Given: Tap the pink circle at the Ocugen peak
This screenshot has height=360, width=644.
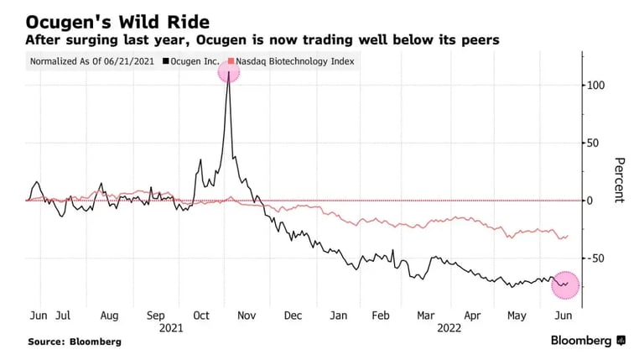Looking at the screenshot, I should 229,72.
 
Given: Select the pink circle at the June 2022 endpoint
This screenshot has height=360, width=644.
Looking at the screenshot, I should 564,284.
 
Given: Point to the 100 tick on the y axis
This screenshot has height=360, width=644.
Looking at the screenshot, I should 597,86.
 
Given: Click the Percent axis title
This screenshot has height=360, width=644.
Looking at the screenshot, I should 619,180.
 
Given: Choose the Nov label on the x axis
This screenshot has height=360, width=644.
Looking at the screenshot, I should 247,316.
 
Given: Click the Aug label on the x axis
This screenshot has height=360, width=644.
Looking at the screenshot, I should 109,316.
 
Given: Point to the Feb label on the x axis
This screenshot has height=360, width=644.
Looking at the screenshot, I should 381,316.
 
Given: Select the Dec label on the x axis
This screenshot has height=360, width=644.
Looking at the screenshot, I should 293,316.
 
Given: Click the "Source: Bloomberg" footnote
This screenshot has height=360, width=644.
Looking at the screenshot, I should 74,342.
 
